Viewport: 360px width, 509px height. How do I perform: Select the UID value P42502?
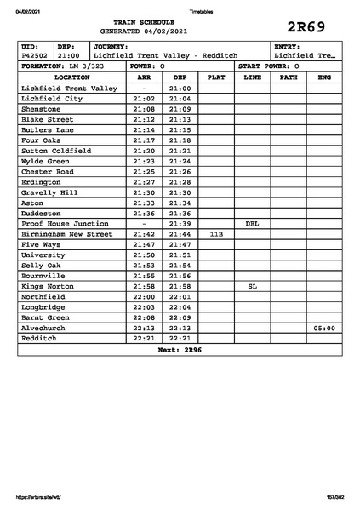tap(36, 55)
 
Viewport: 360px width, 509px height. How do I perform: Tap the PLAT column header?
tap(216, 77)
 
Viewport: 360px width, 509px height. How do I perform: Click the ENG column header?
tap(323, 77)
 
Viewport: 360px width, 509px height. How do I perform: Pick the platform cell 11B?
tap(216, 233)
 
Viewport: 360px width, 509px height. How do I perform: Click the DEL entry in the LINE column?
tap(252, 223)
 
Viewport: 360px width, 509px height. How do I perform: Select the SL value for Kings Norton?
tap(252, 286)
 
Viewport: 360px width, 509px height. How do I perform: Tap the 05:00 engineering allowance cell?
tap(323, 328)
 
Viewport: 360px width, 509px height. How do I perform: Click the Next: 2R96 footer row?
tap(180, 349)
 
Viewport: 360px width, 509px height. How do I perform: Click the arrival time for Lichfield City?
tap(145, 99)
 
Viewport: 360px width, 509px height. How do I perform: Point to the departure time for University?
tap(180, 254)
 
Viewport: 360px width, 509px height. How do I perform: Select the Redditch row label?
tap(39, 338)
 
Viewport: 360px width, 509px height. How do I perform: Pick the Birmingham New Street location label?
tap(66, 233)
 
